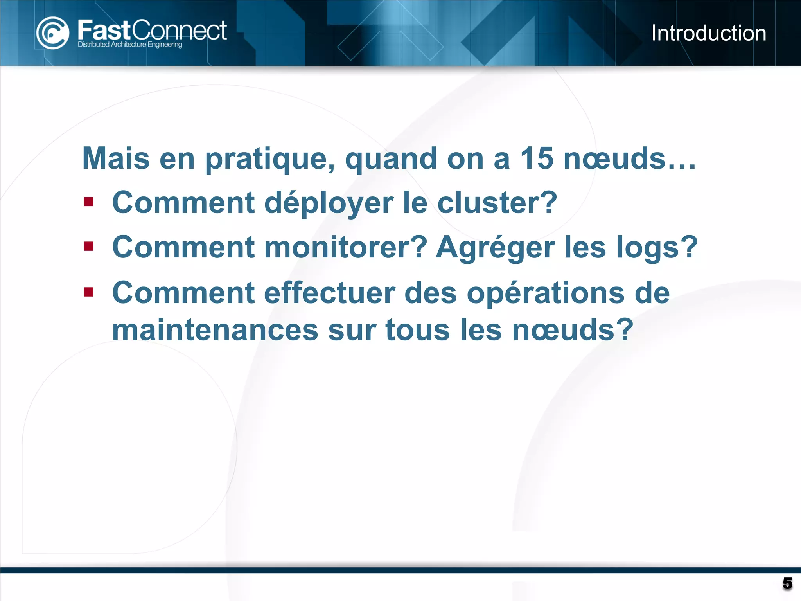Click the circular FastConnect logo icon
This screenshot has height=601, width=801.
pos(52,33)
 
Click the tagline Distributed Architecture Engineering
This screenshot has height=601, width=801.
pos(130,45)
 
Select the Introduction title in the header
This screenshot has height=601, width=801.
pos(708,33)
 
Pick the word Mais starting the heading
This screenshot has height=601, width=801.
pos(116,158)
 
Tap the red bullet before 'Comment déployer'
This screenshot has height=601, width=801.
pos(89,202)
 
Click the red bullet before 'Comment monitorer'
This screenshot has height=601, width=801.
pos(89,247)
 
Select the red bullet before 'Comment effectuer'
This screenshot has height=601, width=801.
pos(89,292)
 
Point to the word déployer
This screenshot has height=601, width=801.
pos(329,203)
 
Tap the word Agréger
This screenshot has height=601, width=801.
pos(495,248)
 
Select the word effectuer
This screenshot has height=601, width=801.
pos(329,293)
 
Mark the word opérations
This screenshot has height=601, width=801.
pos(546,293)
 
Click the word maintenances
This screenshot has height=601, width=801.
pos(215,330)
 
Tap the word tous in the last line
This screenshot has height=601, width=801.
pos(417,330)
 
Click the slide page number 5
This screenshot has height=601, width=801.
pos(787,583)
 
